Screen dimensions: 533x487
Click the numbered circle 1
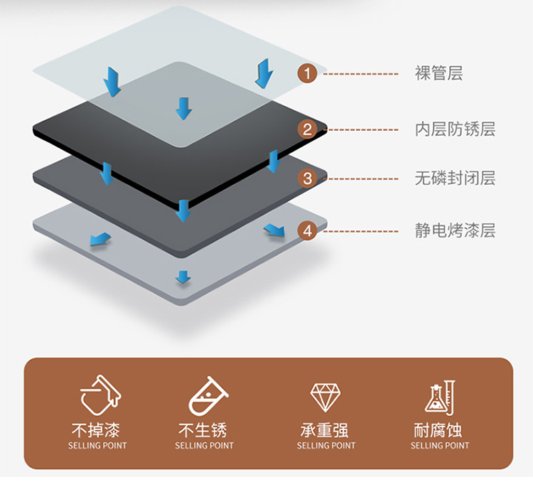(307, 73)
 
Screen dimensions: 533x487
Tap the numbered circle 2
(307, 129)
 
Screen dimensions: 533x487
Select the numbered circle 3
(307, 178)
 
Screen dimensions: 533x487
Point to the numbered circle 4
(307, 231)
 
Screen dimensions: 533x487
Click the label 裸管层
(438, 73)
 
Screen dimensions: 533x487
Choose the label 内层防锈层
(455, 129)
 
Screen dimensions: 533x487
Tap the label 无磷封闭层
(455, 178)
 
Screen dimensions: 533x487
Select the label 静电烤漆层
(455, 231)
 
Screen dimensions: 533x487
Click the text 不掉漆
(97, 430)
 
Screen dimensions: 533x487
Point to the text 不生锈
(204, 430)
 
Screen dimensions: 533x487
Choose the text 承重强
(325, 430)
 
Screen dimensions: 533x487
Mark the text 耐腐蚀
(439, 430)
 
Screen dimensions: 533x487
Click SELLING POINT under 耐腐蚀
(439, 446)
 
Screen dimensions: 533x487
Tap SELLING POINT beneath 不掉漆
(97, 446)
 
